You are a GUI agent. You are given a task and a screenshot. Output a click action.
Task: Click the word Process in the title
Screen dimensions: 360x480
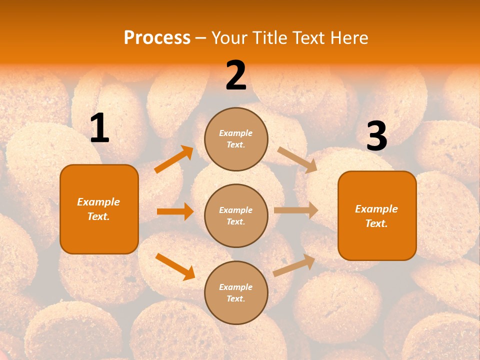click(157, 38)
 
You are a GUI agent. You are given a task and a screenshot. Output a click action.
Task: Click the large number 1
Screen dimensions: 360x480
click(99, 128)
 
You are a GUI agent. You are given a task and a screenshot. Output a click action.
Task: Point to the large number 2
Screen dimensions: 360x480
click(236, 75)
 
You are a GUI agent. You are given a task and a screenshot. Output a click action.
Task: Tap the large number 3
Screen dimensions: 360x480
click(376, 136)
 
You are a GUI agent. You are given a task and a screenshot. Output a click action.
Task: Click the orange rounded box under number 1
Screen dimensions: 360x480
click(99, 209)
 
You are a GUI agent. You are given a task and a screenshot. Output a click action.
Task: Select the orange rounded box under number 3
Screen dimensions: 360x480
click(377, 215)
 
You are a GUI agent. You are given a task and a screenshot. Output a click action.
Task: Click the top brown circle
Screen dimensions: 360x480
click(236, 139)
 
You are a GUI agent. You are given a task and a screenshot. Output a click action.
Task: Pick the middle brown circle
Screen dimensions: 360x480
click(236, 215)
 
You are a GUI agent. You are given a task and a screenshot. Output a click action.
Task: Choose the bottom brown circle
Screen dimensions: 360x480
click(236, 292)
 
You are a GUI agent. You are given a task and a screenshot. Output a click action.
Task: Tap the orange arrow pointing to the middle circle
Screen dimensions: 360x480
click(175, 211)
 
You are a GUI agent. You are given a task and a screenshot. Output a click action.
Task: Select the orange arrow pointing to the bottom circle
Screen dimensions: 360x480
click(175, 266)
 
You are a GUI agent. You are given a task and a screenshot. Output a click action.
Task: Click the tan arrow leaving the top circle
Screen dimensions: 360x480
click(297, 159)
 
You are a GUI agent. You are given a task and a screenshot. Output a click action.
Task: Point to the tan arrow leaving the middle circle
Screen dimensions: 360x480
click(296, 210)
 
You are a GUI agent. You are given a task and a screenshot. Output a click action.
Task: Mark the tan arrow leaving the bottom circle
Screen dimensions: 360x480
click(294, 265)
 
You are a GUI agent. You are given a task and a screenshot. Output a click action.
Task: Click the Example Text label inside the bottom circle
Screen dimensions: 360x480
click(236, 293)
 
